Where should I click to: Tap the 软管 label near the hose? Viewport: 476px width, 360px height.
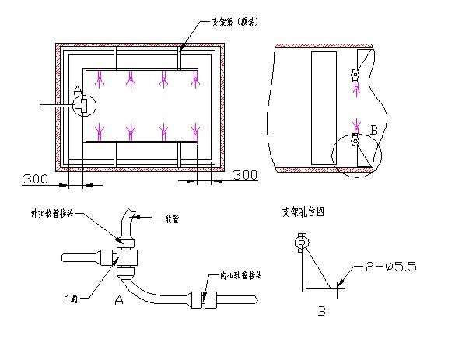171,219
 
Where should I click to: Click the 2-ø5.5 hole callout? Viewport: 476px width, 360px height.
391,267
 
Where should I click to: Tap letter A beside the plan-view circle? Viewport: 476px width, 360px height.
77,92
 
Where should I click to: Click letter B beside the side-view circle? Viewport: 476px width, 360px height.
374,129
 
